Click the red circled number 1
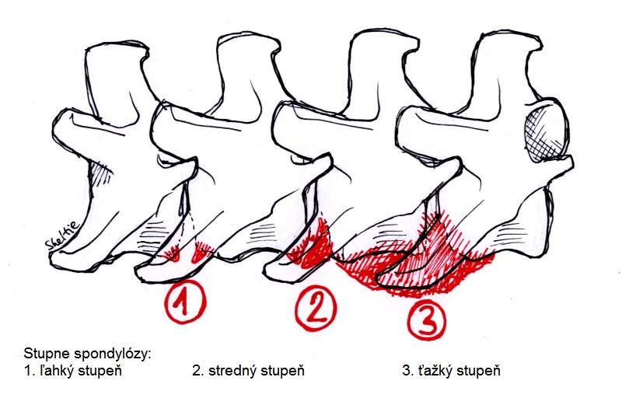pyautogui.click(x=185, y=302)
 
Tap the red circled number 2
pyautogui.click(x=316, y=308)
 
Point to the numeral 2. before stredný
pyautogui.click(x=198, y=371)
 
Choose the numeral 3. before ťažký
pyautogui.click(x=408, y=371)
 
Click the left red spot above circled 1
pyautogui.click(x=172, y=253)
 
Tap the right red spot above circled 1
pyautogui.click(x=201, y=253)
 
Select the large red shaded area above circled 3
pyautogui.click(x=417, y=257)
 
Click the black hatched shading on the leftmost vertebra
pyautogui.click(x=101, y=173)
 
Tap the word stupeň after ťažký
pyautogui.click(x=478, y=371)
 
